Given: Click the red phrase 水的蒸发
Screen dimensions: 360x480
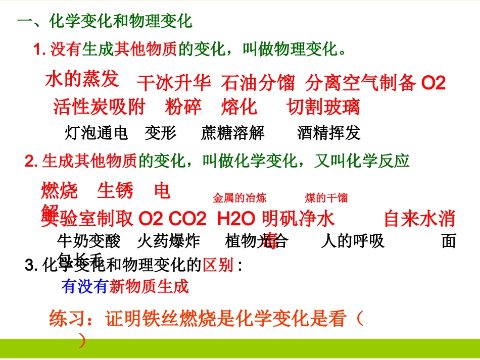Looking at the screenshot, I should pyautogui.click(x=82, y=79).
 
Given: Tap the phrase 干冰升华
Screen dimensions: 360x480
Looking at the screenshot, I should pyautogui.click(x=174, y=83).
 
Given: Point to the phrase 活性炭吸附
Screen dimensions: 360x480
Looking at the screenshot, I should pyautogui.click(x=99, y=107).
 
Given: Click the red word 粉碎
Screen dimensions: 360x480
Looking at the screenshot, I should pyautogui.click(x=183, y=107).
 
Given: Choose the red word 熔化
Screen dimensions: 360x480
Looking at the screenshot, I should pyautogui.click(x=239, y=107).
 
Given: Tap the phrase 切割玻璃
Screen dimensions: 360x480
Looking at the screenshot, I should pyautogui.click(x=323, y=107).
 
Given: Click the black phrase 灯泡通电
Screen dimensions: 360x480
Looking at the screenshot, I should pyautogui.click(x=97, y=133).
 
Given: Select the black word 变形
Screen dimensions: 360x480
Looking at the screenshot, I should pyautogui.click(x=161, y=133).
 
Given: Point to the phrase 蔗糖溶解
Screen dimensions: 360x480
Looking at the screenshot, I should pyautogui.click(x=232, y=133).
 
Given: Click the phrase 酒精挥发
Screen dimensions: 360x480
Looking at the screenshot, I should pyautogui.click(x=329, y=133).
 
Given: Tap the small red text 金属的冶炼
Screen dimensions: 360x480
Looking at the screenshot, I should pyautogui.click(x=240, y=198).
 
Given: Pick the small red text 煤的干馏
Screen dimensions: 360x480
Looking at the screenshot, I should pyautogui.click(x=326, y=198).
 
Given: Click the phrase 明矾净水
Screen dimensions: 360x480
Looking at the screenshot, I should pyautogui.click(x=298, y=219).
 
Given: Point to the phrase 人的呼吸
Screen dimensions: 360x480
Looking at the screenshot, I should pyautogui.click(x=352, y=241).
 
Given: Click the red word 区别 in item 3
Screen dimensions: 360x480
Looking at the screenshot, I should pyautogui.click(x=218, y=265).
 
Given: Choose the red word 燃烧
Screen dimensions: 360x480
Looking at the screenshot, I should pyautogui.click(x=60, y=191).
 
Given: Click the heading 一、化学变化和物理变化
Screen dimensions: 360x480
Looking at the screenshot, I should pyautogui.click(x=105, y=22).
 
